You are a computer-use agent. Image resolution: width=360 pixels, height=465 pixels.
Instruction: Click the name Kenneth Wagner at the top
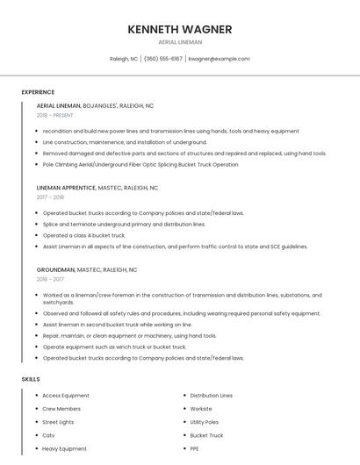[179, 29]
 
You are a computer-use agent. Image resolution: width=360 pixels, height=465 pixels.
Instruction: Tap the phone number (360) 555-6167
[162, 59]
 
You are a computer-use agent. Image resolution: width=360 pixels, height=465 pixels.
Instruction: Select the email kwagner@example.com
[220, 59]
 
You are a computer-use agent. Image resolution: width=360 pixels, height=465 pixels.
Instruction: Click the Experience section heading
[38, 92]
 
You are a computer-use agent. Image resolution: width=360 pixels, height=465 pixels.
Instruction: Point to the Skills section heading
[31, 379]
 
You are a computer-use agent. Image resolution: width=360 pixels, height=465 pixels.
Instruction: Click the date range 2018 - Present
[56, 115]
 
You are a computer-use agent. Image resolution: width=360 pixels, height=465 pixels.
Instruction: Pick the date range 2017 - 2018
[50, 197]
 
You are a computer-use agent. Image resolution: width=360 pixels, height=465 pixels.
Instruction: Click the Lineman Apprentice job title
[67, 188]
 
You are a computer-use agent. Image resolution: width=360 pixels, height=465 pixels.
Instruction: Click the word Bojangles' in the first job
[100, 105]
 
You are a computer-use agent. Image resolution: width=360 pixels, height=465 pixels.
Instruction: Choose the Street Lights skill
[58, 422]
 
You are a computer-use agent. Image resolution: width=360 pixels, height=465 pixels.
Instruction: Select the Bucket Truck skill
[206, 435]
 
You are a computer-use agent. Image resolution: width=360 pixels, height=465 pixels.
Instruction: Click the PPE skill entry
[195, 448]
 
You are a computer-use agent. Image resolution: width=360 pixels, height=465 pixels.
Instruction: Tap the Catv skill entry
[48, 435]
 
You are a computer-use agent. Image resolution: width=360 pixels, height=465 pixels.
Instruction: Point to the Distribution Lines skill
[211, 396]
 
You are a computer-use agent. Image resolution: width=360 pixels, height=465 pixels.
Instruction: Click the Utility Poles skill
[204, 422]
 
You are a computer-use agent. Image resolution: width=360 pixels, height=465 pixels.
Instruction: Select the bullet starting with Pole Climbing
[140, 164]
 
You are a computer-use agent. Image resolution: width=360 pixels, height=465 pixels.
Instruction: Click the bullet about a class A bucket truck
[84, 235]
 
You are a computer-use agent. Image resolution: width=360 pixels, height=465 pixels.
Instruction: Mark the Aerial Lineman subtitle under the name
[179, 42]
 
